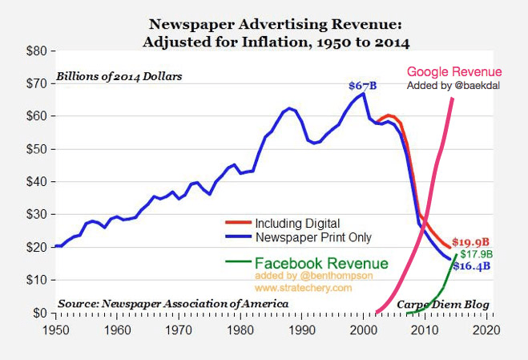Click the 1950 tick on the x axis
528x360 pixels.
click(x=55, y=330)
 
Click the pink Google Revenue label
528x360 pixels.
click(x=455, y=72)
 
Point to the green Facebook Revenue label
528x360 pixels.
click(x=320, y=263)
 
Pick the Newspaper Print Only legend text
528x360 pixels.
click(x=314, y=237)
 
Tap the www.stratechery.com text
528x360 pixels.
click(x=302, y=288)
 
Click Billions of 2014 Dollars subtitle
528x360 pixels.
click(x=119, y=77)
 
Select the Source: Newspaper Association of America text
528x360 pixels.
click(x=171, y=304)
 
